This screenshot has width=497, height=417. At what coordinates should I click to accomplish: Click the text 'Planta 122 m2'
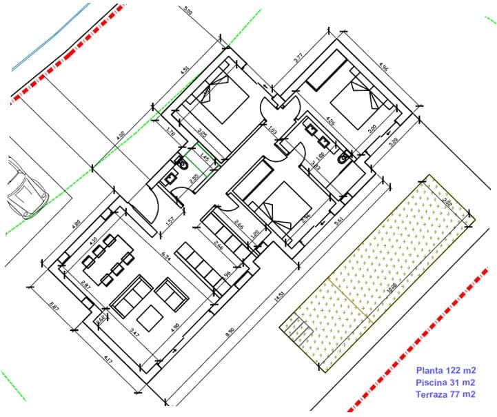pyautogui.click(x=446, y=370)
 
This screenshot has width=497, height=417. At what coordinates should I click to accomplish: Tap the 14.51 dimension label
pyautogui.click(x=279, y=297)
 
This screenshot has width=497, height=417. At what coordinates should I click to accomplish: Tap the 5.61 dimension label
pyautogui.click(x=338, y=222)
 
